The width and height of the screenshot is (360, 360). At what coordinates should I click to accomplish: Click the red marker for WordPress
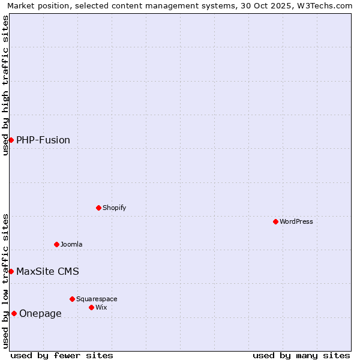pyautogui.click(x=275, y=221)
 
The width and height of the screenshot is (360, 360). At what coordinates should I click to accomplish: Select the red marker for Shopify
pyautogui.click(x=98, y=208)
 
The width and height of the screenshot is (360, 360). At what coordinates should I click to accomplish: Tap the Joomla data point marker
pyautogui.click(x=56, y=244)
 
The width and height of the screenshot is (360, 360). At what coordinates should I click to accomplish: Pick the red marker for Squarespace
pyautogui.click(x=72, y=299)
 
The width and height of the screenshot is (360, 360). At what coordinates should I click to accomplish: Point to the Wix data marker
pyautogui.click(x=91, y=307)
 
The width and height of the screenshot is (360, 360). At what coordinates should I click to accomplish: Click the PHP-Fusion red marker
pyautogui.click(x=11, y=140)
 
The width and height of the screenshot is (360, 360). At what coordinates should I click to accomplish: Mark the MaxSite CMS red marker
pyautogui.click(x=11, y=271)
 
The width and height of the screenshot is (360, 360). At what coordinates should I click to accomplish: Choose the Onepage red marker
pyautogui.click(x=14, y=313)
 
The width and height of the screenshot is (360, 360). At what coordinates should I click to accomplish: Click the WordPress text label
pyautogui.click(x=296, y=221)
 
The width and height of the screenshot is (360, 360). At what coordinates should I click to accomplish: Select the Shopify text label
pyautogui.click(x=114, y=208)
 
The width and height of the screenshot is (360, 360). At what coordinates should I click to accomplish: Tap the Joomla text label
pyautogui.click(x=71, y=244)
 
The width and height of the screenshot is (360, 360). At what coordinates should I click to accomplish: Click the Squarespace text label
pyautogui.click(x=97, y=299)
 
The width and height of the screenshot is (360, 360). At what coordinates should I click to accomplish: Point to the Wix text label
pyautogui.click(x=101, y=307)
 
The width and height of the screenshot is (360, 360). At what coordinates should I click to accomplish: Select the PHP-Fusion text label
pyautogui.click(x=43, y=140)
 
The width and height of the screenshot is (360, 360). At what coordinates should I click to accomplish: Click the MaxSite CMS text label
pyautogui.click(x=47, y=271)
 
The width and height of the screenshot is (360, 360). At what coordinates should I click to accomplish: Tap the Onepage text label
pyautogui.click(x=40, y=313)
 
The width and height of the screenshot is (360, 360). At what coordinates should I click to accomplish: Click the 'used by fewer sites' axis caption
pyautogui.click(x=62, y=355)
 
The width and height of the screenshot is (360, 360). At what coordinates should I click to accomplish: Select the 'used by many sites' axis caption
pyautogui.click(x=301, y=355)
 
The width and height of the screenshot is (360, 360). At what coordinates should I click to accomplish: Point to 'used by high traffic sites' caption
pyautogui.click(x=5, y=85)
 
